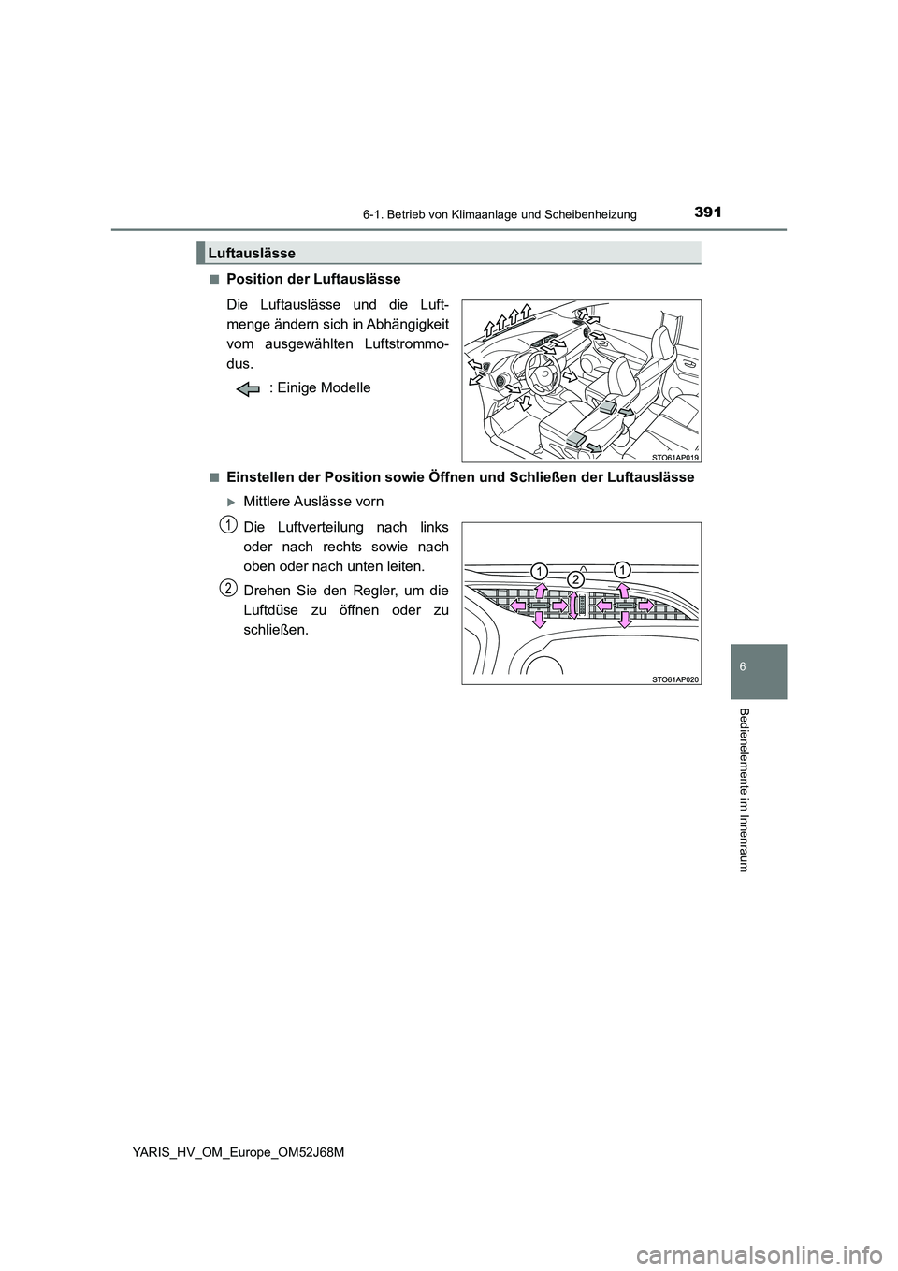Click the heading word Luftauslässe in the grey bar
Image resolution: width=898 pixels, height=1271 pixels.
coord(252,253)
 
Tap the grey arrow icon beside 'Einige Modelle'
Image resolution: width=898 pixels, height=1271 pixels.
coord(249,388)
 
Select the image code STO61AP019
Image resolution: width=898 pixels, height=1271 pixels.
coord(675,457)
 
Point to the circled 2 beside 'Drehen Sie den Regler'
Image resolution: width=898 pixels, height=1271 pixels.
coord(227,587)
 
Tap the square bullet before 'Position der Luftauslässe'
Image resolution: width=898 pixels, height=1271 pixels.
coord(214,279)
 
